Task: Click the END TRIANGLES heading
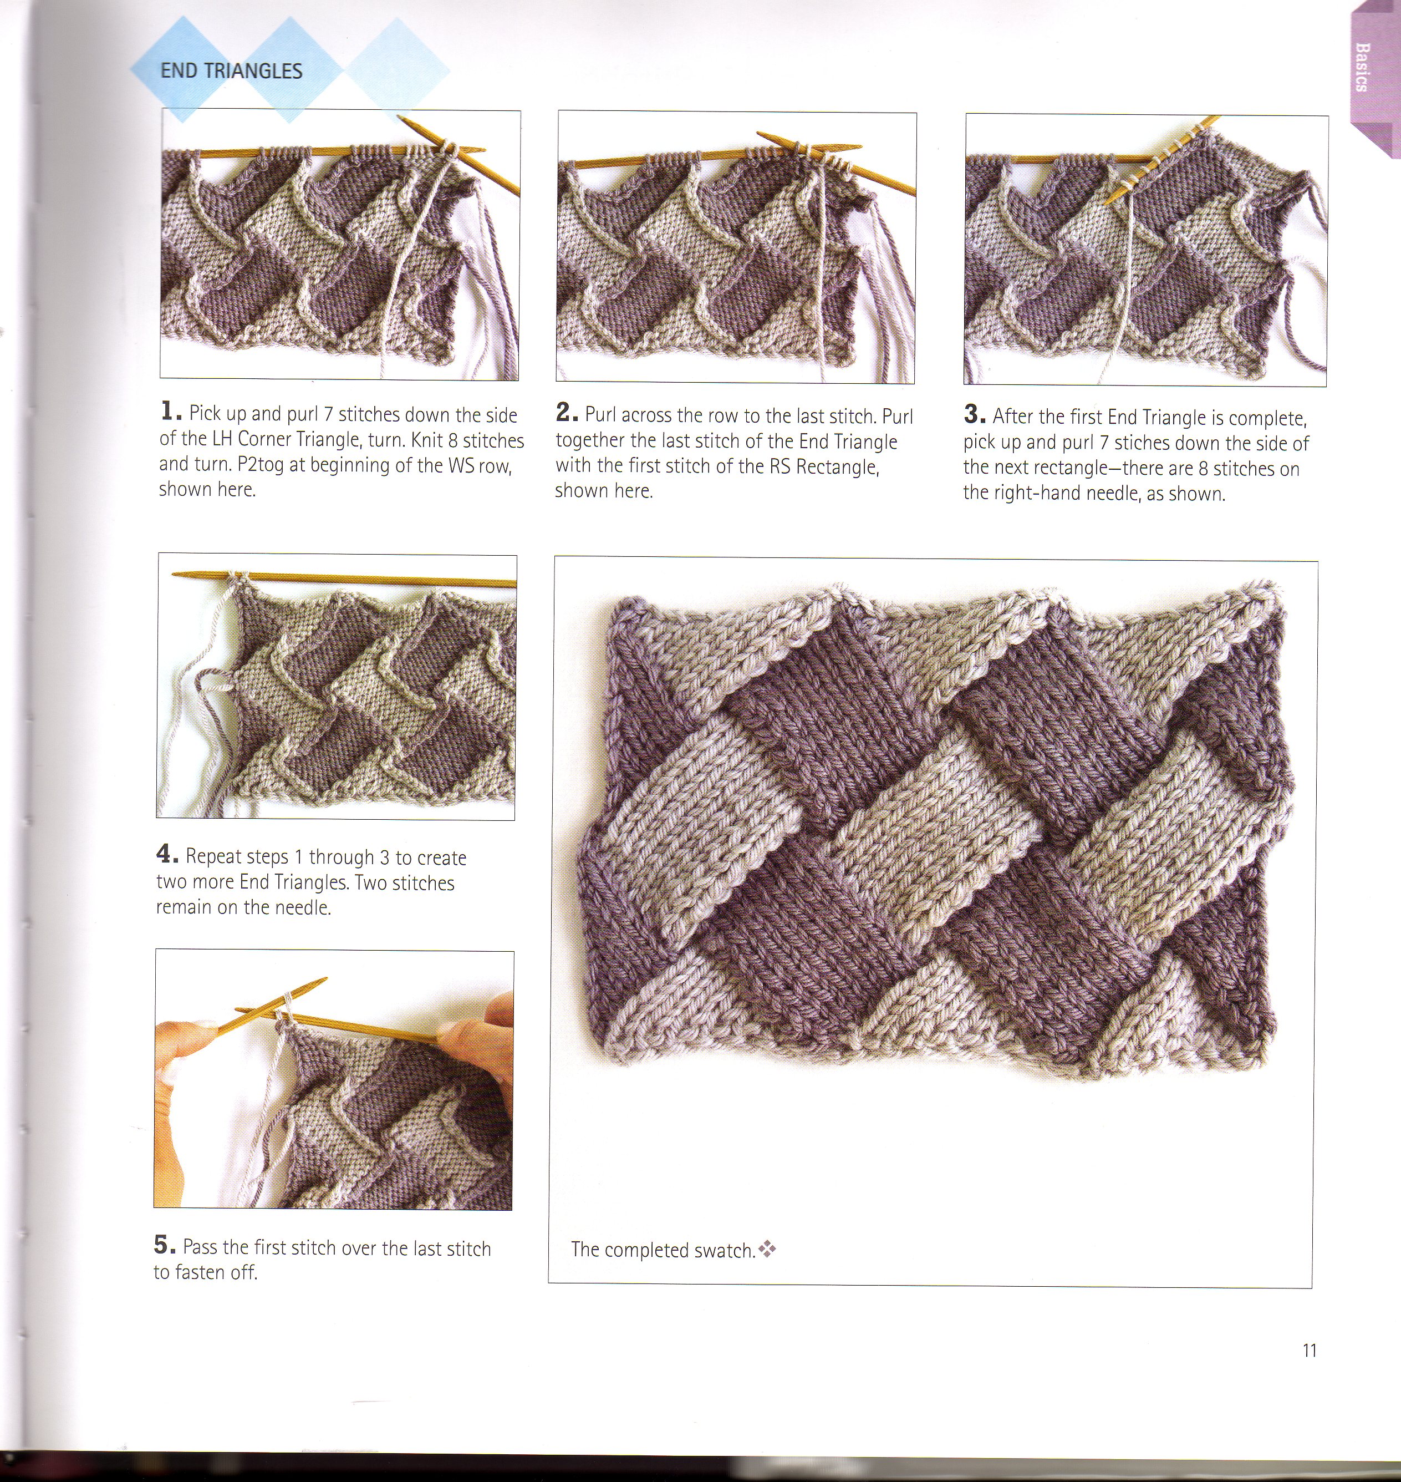click(x=232, y=71)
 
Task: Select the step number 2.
click(x=566, y=412)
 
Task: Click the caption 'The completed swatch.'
click(x=663, y=1250)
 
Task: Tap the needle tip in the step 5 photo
click(x=324, y=978)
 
